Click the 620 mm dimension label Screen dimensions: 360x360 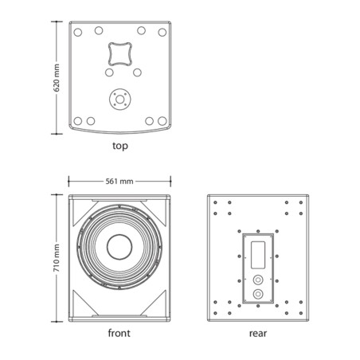pos(57,78)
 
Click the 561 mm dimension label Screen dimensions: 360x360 pos(119,182)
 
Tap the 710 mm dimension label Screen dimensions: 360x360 pos(57,258)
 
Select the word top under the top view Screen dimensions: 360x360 pos(120,146)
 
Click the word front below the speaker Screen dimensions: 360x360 pos(119,333)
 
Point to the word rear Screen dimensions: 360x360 pos(258,334)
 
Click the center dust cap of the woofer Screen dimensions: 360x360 pos(119,247)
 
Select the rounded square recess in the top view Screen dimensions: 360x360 pos(120,54)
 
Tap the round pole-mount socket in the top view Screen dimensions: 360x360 pos(120,100)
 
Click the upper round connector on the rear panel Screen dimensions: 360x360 pos(258,280)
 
